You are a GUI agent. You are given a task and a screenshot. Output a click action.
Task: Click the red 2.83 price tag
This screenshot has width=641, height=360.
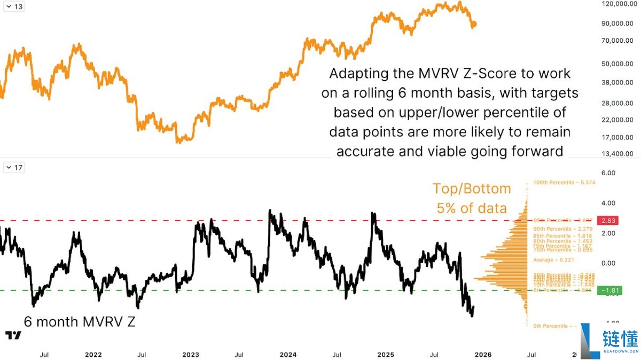(607, 221)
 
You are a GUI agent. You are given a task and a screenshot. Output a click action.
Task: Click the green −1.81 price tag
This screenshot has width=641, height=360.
(607, 291)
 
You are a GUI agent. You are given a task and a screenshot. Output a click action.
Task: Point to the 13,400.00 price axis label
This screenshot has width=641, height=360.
(616, 154)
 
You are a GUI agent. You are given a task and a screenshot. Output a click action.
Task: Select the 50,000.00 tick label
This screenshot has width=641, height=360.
(616, 64)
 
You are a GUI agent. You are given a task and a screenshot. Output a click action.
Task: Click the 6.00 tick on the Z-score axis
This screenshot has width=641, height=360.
(608, 173)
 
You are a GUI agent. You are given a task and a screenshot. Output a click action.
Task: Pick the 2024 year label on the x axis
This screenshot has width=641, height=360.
(288, 355)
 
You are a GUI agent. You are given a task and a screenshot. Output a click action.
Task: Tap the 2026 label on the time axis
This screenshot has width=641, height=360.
(483, 355)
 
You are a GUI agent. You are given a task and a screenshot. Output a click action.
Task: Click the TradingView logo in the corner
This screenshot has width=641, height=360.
(13, 335)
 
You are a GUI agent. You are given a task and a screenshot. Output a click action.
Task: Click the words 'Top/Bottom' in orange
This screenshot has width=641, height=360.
(471, 189)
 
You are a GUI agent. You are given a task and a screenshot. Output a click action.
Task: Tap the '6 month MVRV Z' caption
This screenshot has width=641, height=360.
(79, 322)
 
